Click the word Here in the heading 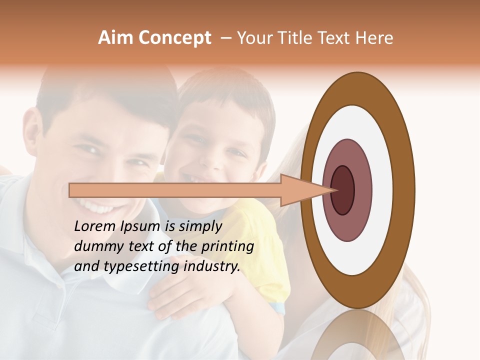pos(375,38)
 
